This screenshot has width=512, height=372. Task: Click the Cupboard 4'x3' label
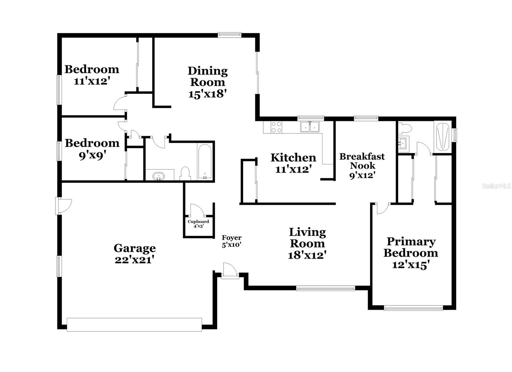click(x=198, y=224)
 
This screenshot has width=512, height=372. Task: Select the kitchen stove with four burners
click(x=276, y=127)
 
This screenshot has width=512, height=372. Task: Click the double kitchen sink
click(x=310, y=127)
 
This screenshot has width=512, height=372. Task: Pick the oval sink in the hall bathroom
click(x=159, y=176)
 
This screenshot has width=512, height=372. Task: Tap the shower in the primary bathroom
click(x=443, y=136)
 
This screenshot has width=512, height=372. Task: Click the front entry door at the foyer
click(x=230, y=271)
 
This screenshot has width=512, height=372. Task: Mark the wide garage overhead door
click(x=134, y=324)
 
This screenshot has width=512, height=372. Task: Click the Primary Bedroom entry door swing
click(x=382, y=208)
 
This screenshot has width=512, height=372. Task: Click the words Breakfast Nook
click(x=362, y=161)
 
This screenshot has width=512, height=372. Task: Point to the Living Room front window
click(x=325, y=288)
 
